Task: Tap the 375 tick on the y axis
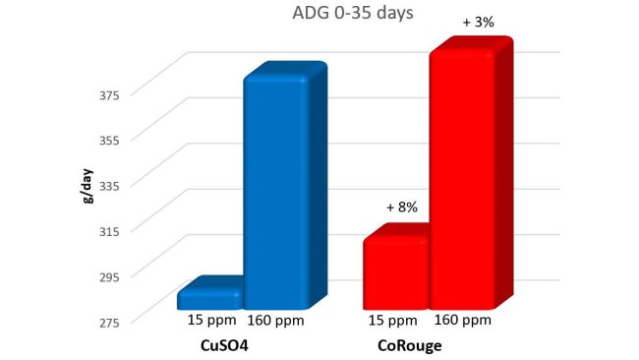pos(109,94)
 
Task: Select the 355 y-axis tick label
pos(109,140)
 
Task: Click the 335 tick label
pos(109,185)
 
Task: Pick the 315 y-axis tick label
pos(109,230)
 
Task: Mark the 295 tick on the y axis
pos(109,275)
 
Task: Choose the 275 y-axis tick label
pos(109,321)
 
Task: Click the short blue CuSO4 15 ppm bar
pos(209,297)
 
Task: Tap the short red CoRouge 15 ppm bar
pos(395,271)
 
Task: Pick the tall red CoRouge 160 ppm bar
pos(462,177)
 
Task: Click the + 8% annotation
pos(402,208)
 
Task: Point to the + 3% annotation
pos(478,22)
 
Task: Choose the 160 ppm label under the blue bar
pos(277,321)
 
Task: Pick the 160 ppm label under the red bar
pos(461,321)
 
